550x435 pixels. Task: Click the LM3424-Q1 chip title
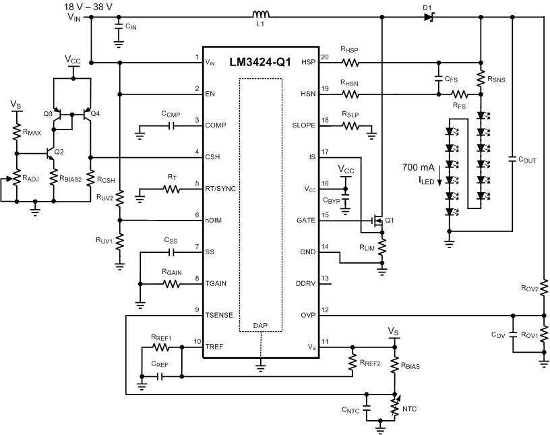coord(261,61)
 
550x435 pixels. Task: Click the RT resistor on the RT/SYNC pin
coord(172,190)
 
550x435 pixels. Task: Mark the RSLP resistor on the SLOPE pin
coord(350,126)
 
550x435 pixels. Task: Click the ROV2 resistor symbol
coord(544,288)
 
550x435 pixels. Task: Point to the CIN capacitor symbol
coord(119,28)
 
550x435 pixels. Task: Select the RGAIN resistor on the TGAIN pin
coord(172,284)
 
